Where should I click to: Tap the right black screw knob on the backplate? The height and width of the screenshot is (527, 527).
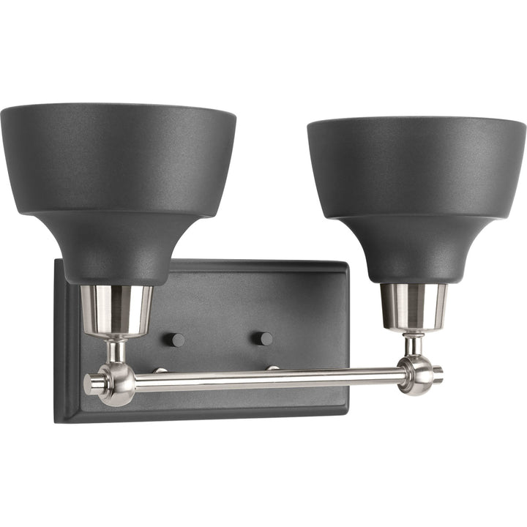click(265, 338)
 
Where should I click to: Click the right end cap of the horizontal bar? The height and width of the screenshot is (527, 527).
click(438, 373)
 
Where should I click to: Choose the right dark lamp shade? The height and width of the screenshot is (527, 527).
click(416, 168)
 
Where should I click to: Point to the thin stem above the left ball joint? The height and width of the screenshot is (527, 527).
click(116, 350)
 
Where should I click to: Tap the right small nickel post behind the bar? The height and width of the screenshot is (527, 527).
click(272, 367)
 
